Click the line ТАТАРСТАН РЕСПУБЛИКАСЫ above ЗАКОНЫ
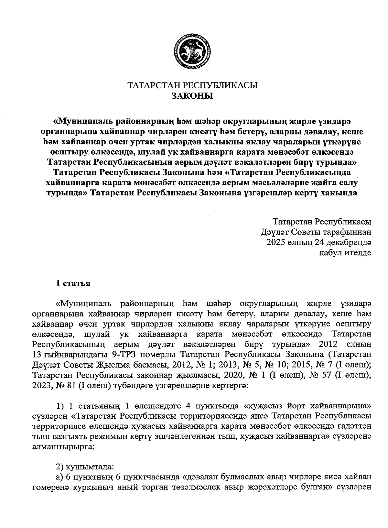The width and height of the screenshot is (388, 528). click(x=193, y=86)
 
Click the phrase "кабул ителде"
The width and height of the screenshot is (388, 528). click(x=345, y=253)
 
